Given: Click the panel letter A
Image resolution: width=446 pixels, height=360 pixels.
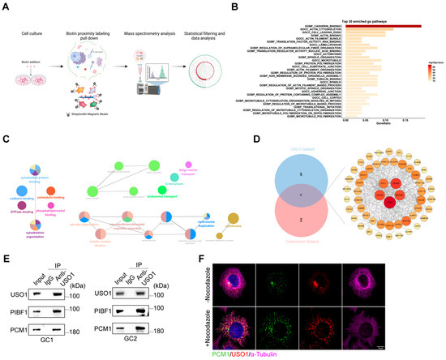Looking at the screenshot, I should click(x=6, y=6).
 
